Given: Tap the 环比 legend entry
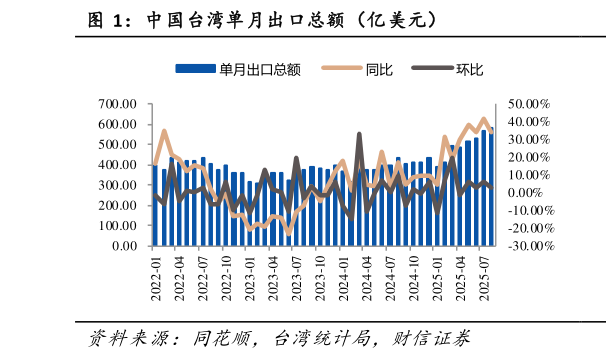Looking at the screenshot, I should [x=469, y=69].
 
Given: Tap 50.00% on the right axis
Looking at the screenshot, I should [x=529, y=104].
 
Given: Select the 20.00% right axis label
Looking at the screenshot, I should [x=529, y=157].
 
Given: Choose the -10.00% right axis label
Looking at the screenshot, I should [x=527, y=210].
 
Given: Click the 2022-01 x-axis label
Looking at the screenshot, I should [x=155, y=276].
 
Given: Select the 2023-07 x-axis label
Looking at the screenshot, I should [x=296, y=276].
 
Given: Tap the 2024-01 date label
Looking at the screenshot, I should [x=343, y=276].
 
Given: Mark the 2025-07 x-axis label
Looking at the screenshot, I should [x=485, y=276].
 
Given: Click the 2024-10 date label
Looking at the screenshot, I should [x=414, y=276].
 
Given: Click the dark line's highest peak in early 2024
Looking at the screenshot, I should [x=359, y=134].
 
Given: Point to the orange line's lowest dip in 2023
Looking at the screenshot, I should [x=289, y=232].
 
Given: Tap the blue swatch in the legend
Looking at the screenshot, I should [x=195, y=69].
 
